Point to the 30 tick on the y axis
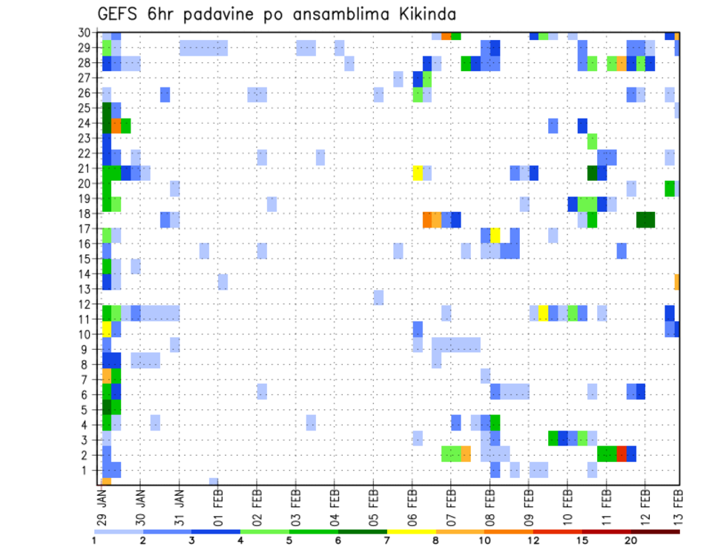87,33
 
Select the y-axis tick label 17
87,230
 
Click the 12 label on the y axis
87,304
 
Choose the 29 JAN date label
102,507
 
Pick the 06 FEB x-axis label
412,507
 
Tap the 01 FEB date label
219,507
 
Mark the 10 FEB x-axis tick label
567,507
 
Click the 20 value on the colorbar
630,540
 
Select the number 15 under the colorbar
581,540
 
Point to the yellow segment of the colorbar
411,531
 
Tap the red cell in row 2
622,454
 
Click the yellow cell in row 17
495,235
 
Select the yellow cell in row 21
418,173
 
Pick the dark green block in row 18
645,219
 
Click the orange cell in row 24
116,125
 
